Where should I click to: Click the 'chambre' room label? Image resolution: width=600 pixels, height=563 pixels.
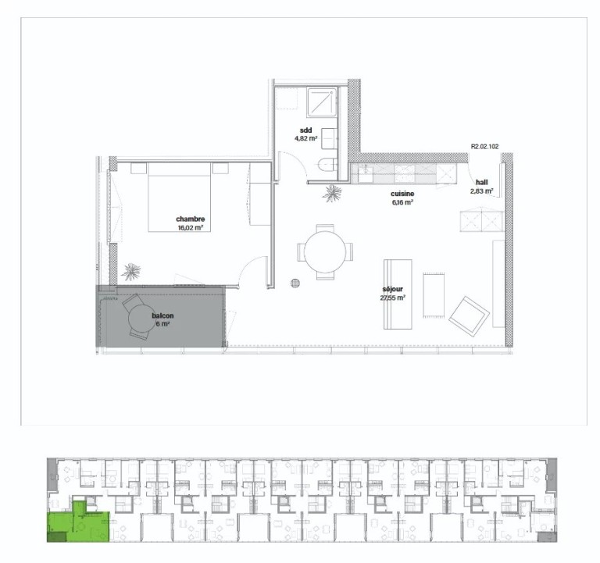190,219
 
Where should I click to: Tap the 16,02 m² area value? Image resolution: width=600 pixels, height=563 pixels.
190,228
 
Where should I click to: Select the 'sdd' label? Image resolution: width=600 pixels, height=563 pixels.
305,130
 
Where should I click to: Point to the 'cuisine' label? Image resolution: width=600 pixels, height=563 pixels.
402,194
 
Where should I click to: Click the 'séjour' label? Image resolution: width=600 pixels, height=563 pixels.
393,289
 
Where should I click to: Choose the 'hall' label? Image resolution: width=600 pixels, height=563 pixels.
482,183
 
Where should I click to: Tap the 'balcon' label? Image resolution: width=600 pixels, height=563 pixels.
162,315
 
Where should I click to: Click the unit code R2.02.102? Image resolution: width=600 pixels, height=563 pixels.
484,147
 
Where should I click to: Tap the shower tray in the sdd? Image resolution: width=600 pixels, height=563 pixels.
322,102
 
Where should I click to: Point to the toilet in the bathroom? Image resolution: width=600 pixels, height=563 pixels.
327,166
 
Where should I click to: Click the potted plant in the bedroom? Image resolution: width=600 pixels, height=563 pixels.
131,271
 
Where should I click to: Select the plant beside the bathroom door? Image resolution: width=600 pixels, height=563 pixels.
332,193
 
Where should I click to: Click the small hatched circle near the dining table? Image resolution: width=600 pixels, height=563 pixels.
295,283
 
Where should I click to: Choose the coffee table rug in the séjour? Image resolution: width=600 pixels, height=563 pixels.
434,295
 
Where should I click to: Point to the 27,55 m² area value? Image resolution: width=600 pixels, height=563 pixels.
393,298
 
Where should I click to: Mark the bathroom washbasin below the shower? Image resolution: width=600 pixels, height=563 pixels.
329,138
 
